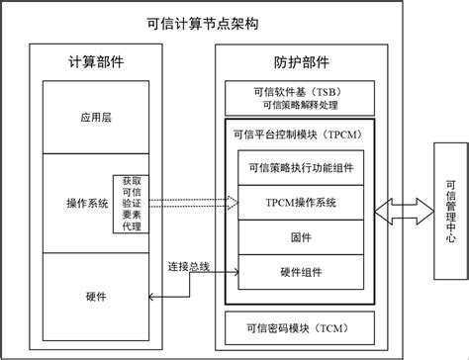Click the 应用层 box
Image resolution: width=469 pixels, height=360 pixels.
[98, 116]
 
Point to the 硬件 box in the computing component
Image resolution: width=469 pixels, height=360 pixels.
[98, 296]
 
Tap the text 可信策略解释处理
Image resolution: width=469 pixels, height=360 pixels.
[302, 106]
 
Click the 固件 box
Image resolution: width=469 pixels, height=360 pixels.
[302, 236]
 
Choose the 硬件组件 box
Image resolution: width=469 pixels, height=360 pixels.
[302, 270]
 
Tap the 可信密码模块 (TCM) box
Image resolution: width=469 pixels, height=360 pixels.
[301, 326]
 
